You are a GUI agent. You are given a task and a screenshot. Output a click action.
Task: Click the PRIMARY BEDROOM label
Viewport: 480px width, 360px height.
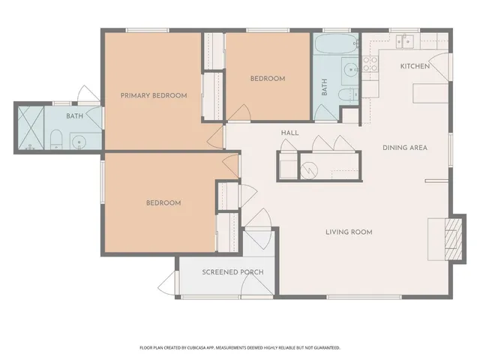click(x=154, y=96)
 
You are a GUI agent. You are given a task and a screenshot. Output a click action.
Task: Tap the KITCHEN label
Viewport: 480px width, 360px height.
click(x=415, y=67)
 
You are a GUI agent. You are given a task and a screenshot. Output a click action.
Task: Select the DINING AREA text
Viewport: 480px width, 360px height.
click(x=404, y=148)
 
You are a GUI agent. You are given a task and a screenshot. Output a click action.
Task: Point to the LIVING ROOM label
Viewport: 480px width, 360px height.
click(x=349, y=232)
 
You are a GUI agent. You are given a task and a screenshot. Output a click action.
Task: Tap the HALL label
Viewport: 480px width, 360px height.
click(x=290, y=133)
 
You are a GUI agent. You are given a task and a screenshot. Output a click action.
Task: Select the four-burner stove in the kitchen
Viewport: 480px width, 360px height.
click(x=370, y=63)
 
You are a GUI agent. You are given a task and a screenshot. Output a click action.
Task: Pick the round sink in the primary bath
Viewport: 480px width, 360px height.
click(x=77, y=140)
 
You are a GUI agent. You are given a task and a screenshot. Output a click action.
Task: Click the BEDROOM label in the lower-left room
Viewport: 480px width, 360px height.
click(x=163, y=203)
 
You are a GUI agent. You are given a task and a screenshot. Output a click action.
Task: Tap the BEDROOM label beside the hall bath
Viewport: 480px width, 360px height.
click(x=267, y=79)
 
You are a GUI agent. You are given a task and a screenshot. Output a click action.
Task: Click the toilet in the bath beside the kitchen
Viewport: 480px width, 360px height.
click(x=349, y=95)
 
